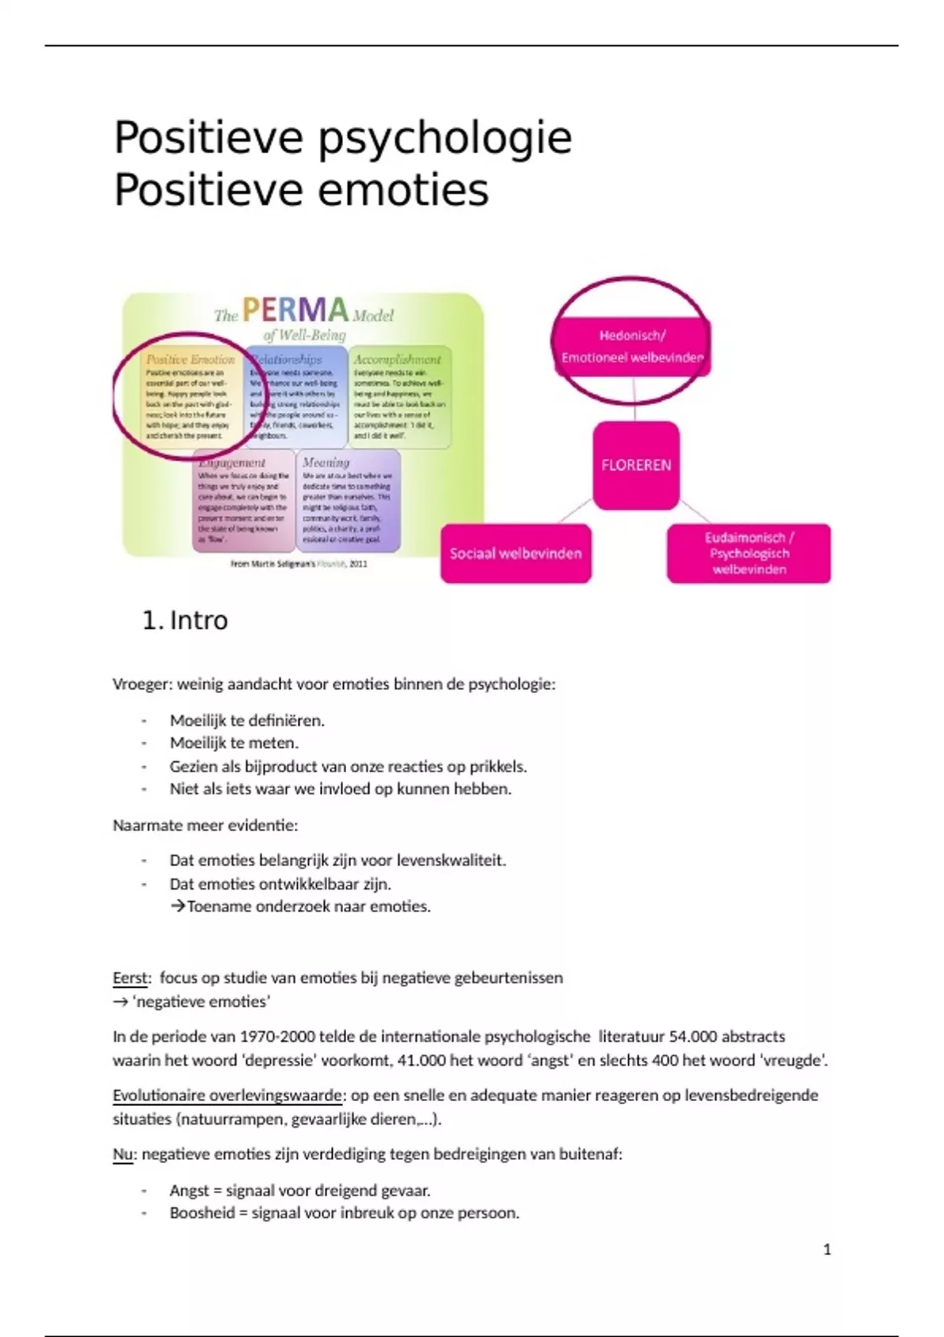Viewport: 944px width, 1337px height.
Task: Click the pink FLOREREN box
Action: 636,465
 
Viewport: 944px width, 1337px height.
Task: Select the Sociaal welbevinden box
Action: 515,554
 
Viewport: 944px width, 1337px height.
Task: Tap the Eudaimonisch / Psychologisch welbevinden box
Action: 748,554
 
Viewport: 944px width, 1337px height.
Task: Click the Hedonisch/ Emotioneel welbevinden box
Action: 632,347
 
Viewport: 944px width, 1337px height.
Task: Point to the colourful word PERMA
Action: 295,310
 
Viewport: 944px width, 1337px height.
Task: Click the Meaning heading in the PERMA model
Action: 326,462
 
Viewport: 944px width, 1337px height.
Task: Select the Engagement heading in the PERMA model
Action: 232,462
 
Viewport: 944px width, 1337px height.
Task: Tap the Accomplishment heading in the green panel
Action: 397,359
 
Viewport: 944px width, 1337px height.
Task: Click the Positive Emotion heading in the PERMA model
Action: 190,359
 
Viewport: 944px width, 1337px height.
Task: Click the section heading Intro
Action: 198,621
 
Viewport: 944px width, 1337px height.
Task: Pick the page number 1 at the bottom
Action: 827,1249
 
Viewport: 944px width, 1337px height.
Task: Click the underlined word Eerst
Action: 130,978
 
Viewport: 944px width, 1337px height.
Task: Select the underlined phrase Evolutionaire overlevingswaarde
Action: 227,1095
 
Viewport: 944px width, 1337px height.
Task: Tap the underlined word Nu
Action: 122,1154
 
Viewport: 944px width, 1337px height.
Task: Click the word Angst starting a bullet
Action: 189,1190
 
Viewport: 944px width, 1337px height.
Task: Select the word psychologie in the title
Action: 444,139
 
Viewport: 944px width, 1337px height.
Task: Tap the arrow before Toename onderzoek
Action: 178,906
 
